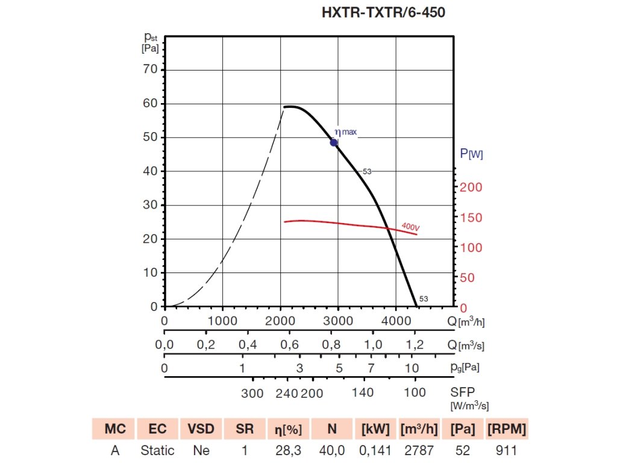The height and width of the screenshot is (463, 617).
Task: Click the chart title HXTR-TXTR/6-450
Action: click(x=384, y=13)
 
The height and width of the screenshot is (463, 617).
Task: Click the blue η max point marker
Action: click(x=334, y=142)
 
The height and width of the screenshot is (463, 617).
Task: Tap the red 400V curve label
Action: click(x=410, y=227)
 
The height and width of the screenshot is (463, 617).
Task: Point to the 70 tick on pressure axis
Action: click(x=150, y=69)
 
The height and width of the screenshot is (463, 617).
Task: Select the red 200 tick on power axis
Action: click(x=471, y=187)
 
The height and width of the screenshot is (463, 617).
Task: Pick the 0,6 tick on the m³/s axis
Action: click(x=289, y=345)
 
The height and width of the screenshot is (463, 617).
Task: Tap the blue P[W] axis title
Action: click(x=471, y=154)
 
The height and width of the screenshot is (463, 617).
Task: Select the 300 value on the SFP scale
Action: click(x=252, y=394)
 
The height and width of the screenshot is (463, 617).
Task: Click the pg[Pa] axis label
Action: click(x=468, y=367)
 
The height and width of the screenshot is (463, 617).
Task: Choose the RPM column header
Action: click(x=507, y=429)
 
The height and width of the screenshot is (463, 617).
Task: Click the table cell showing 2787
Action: click(x=418, y=450)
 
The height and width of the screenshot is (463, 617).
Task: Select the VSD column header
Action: click(x=201, y=429)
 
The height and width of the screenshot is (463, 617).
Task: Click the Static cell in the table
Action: click(x=157, y=450)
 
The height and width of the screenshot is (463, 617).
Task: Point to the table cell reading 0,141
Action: click(x=375, y=450)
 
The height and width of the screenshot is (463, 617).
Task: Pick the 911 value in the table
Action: click(x=507, y=450)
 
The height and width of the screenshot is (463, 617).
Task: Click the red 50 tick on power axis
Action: click(x=468, y=278)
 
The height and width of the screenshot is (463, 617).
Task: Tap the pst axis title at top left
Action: click(x=151, y=43)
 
